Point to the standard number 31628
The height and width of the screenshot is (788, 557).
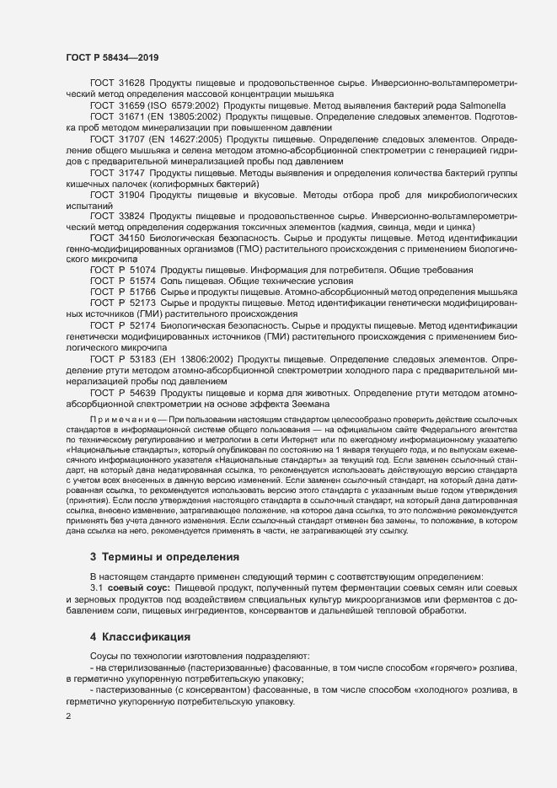click(131, 83)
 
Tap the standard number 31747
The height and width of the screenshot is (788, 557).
click(131, 171)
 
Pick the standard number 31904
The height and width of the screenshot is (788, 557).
click(131, 194)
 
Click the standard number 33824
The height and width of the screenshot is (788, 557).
click(131, 216)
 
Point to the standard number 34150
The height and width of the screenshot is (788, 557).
click(131, 238)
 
